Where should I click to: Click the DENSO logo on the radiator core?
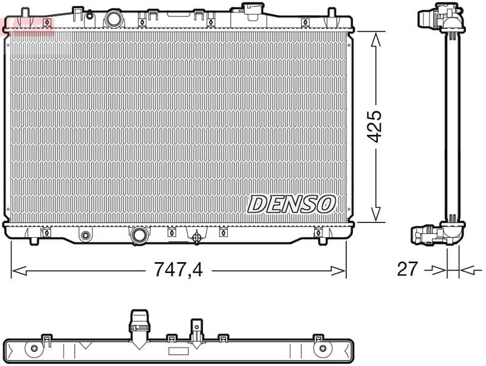291,204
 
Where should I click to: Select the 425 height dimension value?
375,126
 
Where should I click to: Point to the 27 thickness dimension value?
408,269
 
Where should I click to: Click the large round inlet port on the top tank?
114,18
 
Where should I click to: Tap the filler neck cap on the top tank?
250,8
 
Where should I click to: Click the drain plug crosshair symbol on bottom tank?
196,238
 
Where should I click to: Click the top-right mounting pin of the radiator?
332,13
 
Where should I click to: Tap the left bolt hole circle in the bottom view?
34,348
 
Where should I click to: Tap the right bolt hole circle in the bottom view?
323,348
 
